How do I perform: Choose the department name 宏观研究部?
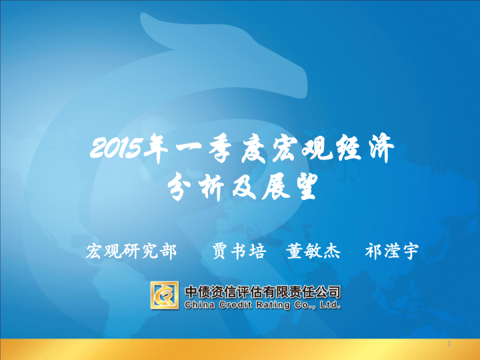pos(131,251)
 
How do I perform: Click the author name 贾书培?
pos(239,251)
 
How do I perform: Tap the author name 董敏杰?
pos(313,251)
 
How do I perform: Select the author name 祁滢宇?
pos(392,251)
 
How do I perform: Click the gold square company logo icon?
pos(164,295)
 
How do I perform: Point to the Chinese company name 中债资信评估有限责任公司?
pos(262,291)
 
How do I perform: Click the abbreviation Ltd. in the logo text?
pos(329,305)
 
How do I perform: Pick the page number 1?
pos(449,344)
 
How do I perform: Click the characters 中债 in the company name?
pos(197,291)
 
